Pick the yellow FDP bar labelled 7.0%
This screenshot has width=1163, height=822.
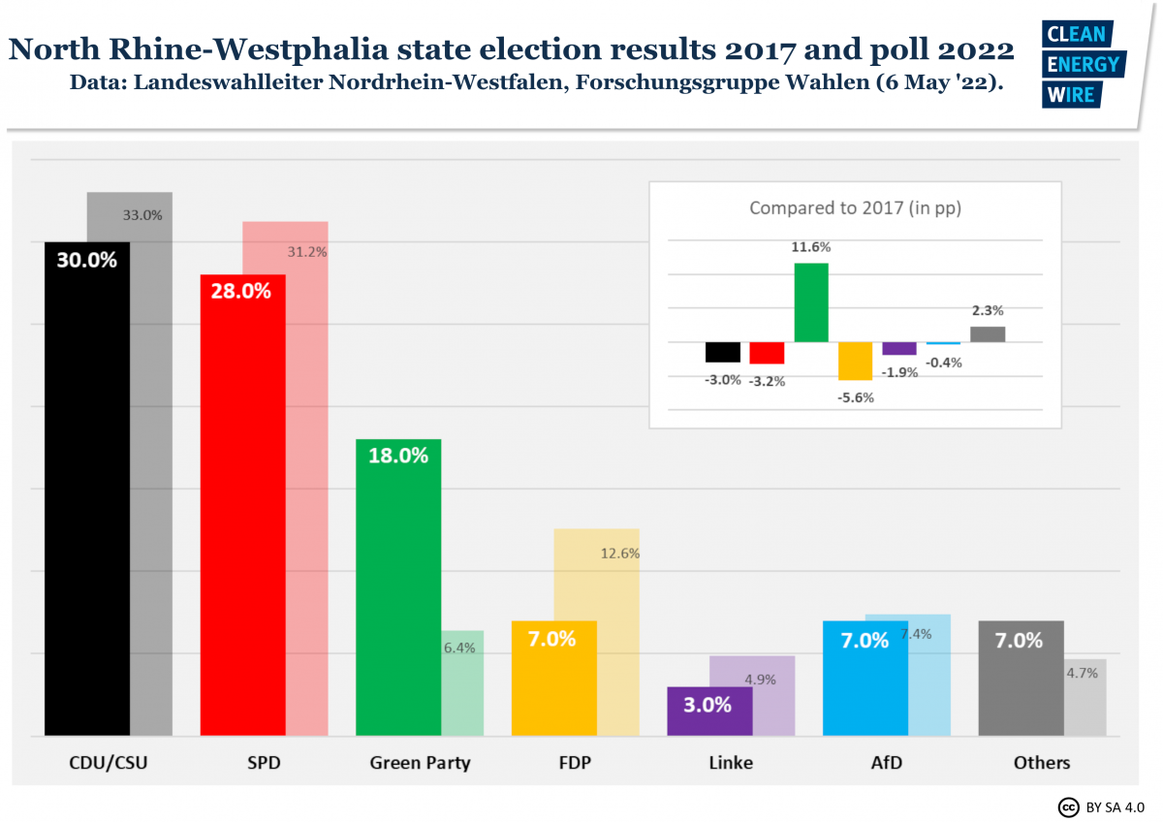(553, 679)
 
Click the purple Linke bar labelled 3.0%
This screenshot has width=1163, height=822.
(709, 711)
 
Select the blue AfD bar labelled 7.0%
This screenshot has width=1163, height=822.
(864, 679)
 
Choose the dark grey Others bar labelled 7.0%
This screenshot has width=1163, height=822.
(1021, 679)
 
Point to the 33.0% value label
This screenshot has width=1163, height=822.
(142, 215)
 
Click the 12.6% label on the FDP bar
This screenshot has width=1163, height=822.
(620, 553)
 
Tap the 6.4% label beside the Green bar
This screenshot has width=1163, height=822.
(459, 648)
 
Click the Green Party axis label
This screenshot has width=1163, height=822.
(420, 763)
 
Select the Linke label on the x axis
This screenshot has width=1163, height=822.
(731, 763)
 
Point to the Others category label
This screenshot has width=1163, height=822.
(1042, 763)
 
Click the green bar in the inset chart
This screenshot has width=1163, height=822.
(811, 302)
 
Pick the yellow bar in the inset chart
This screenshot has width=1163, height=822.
(856, 361)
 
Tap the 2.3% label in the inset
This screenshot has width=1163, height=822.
(988, 311)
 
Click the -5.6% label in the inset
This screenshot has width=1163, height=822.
(857, 397)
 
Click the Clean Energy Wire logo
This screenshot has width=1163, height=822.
(1083, 63)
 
